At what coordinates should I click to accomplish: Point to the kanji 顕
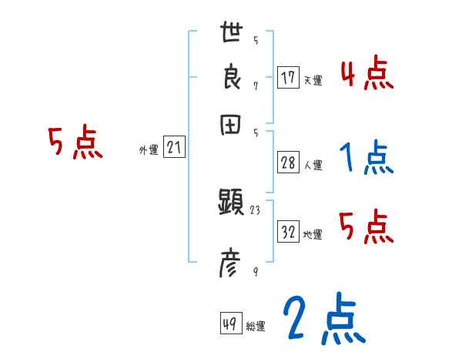232,204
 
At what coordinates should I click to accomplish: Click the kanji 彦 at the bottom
231,263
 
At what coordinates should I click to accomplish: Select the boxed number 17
288,78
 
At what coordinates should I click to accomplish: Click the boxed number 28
288,163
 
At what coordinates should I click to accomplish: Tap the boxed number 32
288,233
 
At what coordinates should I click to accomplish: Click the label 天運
313,80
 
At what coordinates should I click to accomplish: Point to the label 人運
313,165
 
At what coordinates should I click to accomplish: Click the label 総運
256,327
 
